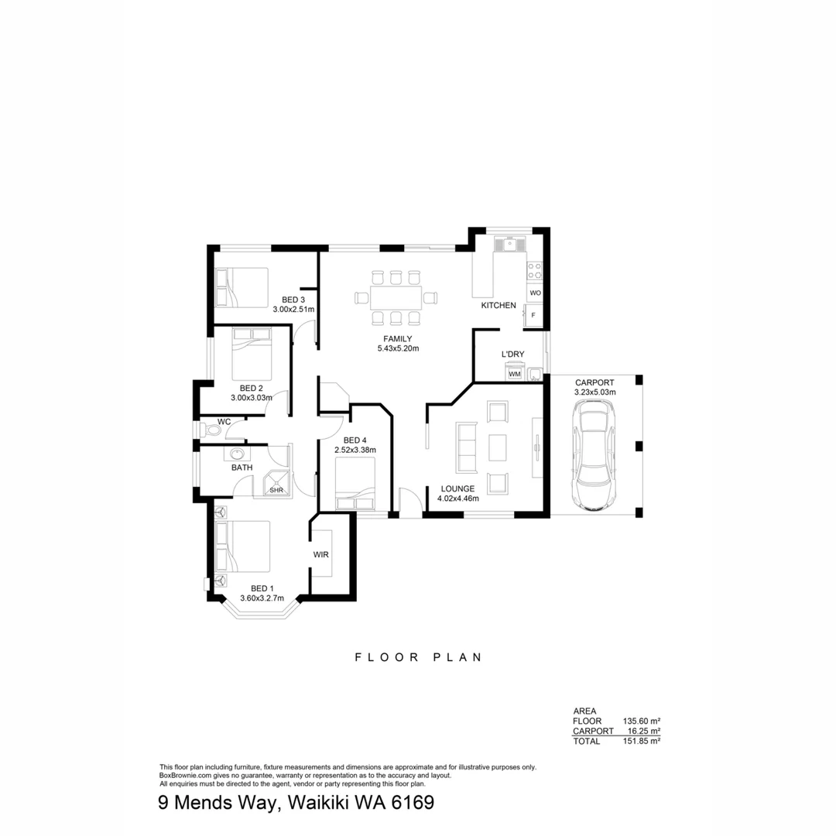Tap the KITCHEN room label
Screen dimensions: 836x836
499,306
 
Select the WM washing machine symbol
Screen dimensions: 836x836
515,374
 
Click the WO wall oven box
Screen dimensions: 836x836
535,293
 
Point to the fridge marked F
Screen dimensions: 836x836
533,315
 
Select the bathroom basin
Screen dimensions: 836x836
238,454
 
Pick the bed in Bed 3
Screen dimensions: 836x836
241,288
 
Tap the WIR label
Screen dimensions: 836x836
321,555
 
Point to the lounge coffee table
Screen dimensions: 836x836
497,447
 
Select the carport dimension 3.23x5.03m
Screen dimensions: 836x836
594,392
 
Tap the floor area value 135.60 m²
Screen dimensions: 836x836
641,721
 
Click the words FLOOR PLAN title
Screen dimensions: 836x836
418,657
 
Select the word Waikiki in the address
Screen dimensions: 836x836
318,803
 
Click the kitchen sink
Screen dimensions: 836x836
510,245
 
